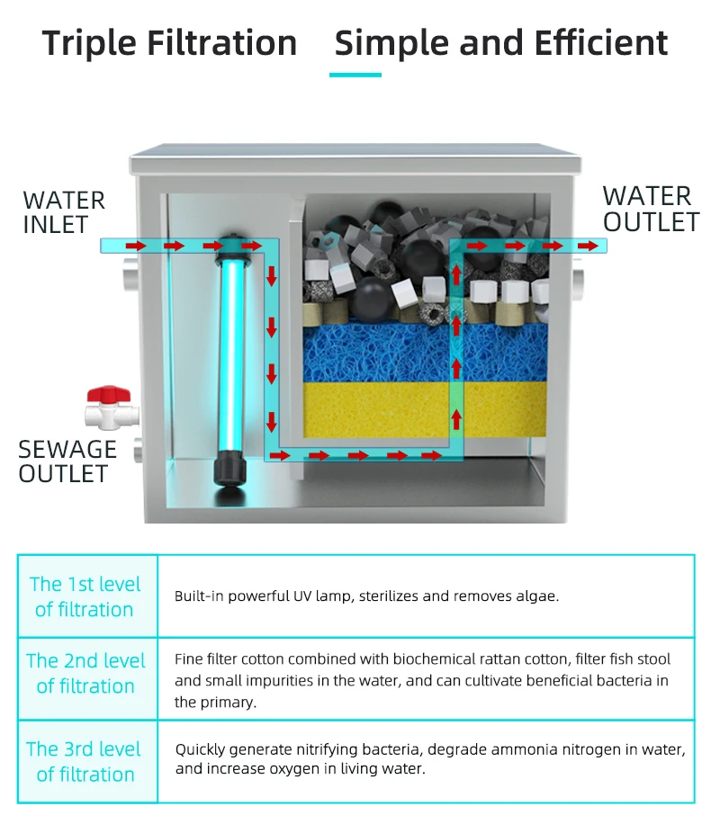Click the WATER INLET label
(64, 212)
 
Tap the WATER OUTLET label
(650, 209)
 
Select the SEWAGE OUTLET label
(67, 461)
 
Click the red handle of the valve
(108, 395)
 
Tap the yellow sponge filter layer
(378, 408)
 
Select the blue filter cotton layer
(378, 352)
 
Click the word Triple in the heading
(95, 43)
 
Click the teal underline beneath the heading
(355, 75)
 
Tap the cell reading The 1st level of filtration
(85, 596)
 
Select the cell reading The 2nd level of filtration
(85, 674)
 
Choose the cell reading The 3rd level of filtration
(85, 761)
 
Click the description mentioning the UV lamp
(366, 596)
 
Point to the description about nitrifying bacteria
(429, 758)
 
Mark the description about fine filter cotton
(422, 681)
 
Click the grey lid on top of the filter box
(355, 163)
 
